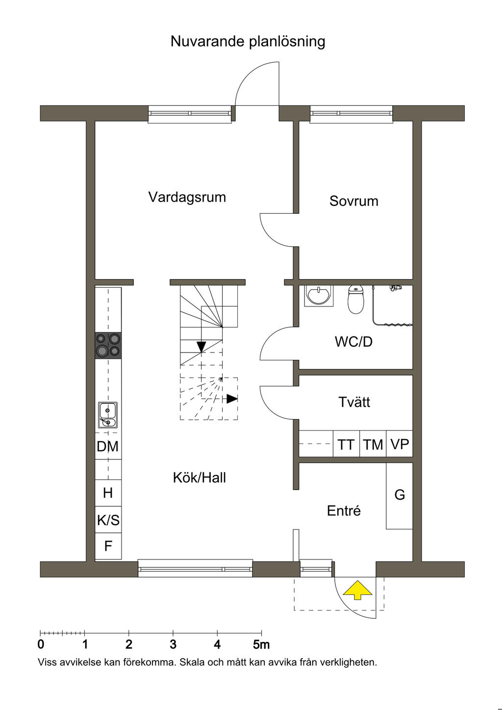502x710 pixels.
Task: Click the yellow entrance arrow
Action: point(357,590)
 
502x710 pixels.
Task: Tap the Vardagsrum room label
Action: point(187,197)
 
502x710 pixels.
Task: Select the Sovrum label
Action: point(354,201)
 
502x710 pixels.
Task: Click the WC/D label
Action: point(353,342)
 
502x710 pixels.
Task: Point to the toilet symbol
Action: point(356,299)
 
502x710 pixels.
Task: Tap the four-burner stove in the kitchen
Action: point(108,346)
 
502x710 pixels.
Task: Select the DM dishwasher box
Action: point(108,446)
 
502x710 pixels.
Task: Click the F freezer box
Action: point(108,546)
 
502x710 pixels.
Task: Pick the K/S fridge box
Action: point(108,520)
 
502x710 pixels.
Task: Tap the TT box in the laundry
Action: point(346,444)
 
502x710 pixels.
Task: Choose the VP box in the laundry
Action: point(400,444)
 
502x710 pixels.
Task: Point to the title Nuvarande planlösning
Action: point(248,42)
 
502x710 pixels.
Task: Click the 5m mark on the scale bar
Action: point(261,634)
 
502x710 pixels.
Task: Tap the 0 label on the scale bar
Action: point(41,644)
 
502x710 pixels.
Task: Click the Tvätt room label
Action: point(354,402)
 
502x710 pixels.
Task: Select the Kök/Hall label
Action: point(200,478)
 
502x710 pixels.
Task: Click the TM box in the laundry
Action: point(373,444)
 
